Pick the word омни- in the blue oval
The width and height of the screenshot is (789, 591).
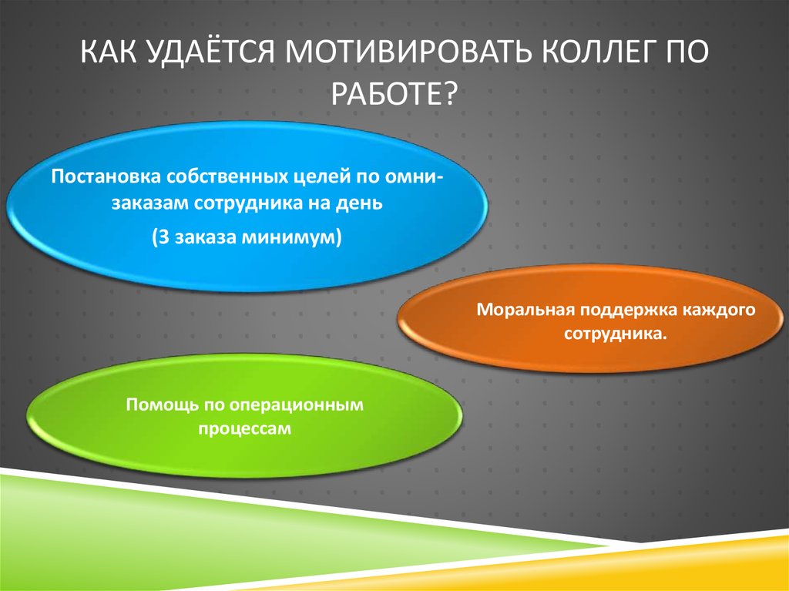tap(413, 175)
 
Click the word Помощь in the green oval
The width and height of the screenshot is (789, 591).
tap(154, 404)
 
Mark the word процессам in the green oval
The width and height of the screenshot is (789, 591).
tap(245, 428)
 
